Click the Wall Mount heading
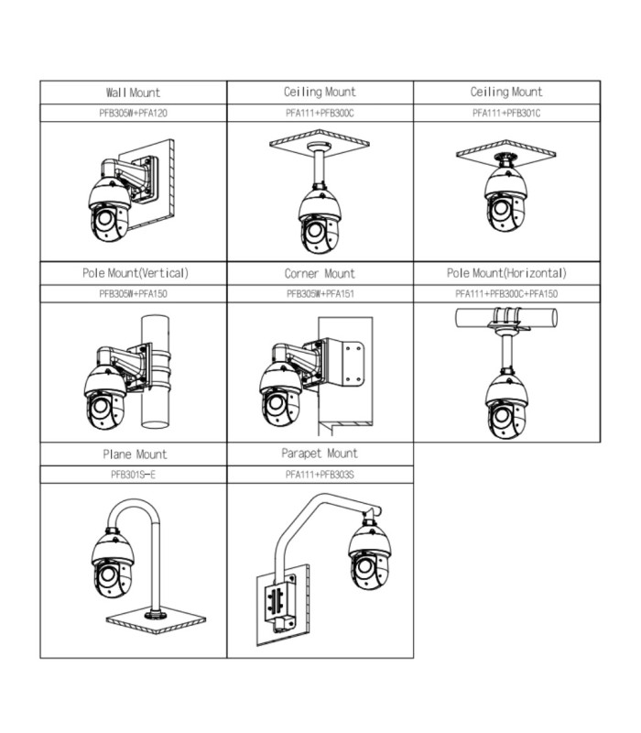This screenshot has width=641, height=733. click(133, 93)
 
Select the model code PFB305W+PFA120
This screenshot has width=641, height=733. click(133, 113)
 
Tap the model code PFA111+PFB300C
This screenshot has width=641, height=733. click(320, 113)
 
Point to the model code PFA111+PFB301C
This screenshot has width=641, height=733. click(506, 113)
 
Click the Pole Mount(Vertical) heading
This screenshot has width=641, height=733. click(136, 273)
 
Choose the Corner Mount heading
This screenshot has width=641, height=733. click(320, 273)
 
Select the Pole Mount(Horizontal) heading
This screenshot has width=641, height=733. click(506, 273)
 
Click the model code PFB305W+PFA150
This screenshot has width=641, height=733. click(133, 294)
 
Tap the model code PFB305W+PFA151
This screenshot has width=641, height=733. click(320, 294)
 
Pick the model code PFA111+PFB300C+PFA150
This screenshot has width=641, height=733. click(506, 294)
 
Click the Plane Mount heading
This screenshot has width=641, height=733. click(135, 454)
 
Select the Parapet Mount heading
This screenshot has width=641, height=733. click(320, 454)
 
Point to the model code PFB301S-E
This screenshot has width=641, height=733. click(133, 475)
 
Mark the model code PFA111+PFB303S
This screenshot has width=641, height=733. click(320, 475)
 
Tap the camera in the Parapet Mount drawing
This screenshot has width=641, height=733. click(370, 555)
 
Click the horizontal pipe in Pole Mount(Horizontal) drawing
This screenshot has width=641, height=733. click(506, 317)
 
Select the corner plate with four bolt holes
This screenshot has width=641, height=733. click(353, 363)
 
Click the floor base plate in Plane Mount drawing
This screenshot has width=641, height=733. click(156, 620)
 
